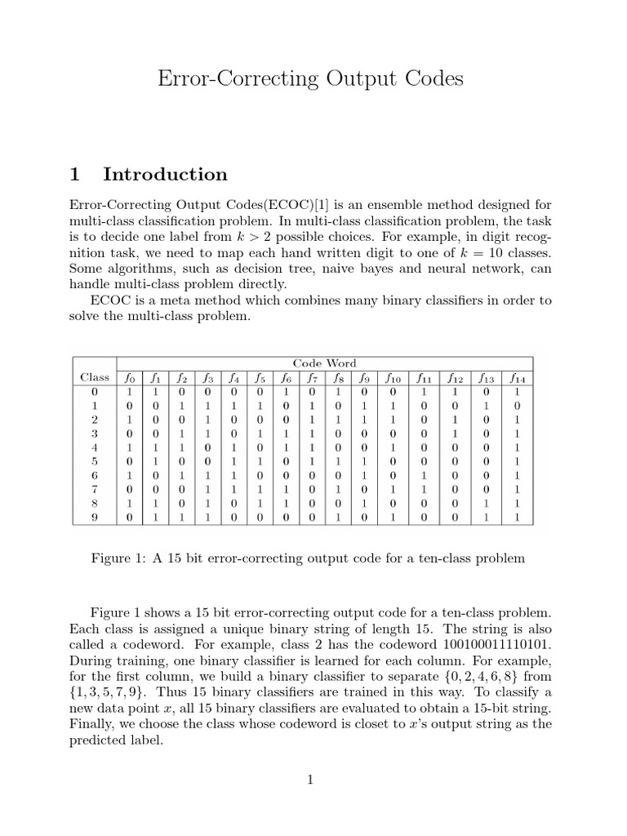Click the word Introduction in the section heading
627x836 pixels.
pos(166,174)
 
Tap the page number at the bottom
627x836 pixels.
pos(310,780)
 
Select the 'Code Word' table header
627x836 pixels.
pos(324,362)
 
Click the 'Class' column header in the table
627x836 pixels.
pos(95,377)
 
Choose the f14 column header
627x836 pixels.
pos(517,378)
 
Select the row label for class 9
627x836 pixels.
pos(95,517)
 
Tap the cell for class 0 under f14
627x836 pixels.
pos(517,391)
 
